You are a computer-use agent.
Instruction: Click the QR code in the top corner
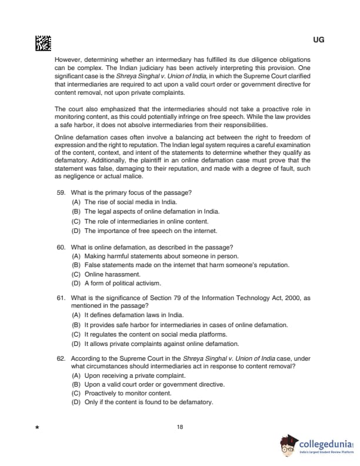43,43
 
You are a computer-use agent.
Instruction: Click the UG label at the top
319,39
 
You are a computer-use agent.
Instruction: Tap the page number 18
180,427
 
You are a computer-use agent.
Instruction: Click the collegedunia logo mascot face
288,445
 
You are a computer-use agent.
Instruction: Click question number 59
61,192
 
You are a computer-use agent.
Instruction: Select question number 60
61,247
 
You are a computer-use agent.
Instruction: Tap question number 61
61,298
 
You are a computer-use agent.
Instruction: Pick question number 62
61,358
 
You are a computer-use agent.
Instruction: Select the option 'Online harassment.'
104,274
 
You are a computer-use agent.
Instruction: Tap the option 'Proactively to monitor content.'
128,393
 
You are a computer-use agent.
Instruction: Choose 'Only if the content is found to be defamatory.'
148,402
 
